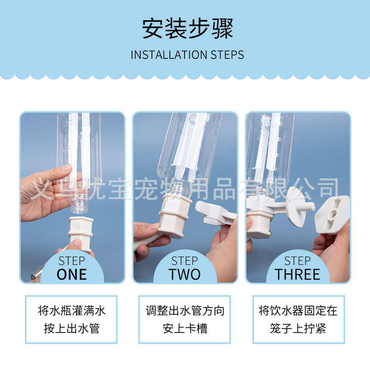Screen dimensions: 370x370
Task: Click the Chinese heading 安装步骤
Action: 188,28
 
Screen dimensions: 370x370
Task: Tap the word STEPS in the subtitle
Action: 227,55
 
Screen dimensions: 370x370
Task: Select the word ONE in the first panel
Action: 72,275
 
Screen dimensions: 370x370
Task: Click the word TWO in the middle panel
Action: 185,275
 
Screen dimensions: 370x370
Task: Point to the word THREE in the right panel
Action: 297,275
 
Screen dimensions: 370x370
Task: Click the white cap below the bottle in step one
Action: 81,234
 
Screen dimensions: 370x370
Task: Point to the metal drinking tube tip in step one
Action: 35,274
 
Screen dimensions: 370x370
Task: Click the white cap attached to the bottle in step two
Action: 173,215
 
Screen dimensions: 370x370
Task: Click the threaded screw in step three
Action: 307,207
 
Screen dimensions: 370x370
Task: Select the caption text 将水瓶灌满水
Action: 72,310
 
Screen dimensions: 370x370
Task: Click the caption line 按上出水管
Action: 72,328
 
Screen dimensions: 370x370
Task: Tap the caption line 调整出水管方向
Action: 185,310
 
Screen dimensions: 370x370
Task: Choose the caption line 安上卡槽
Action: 185,328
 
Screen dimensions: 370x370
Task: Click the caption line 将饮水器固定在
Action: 298,310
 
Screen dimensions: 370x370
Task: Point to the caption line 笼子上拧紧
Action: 298,328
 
